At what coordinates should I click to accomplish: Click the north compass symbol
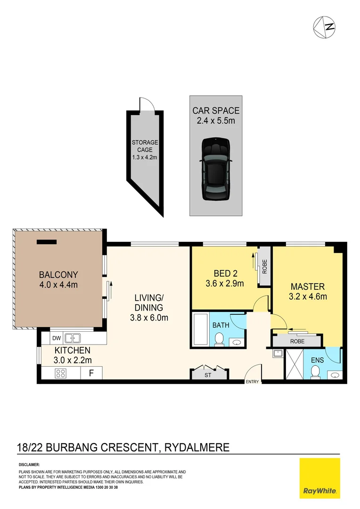pyautogui.click(x=324, y=27)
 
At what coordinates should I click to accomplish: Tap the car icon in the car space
pyautogui.click(x=216, y=169)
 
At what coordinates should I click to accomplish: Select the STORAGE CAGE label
pyautogui.click(x=145, y=146)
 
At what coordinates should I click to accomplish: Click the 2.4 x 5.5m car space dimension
pyautogui.click(x=216, y=121)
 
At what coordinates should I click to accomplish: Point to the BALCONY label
pyautogui.click(x=58, y=275)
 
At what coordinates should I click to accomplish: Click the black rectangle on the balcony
pyautogui.click(x=47, y=242)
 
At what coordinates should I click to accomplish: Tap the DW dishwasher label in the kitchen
pyautogui.click(x=57, y=338)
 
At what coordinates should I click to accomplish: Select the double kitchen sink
pyautogui.click(x=73, y=338)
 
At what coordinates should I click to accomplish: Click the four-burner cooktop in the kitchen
pyautogui.click(x=61, y=373)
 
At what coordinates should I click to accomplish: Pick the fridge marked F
pyautogui.click(x=91, y=373)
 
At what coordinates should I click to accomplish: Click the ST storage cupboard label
pyautogui.click(x=208, y=375)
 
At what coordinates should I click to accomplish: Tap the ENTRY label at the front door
pyautogui.click(x=252, y=382)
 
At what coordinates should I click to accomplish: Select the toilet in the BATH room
pyautogui.click(x=220, y=340)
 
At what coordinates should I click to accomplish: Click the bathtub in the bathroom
pyautogui.click(x=201, y=329)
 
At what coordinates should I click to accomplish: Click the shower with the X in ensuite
pyautogui.click(x=294, y=364)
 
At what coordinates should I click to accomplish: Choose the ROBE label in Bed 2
pyautogui.click(x=264, y=266)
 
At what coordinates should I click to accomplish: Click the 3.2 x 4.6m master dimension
pyautogui.click(x=308, y=296)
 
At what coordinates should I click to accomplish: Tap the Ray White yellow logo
pyautogui.click(x=320, y=478)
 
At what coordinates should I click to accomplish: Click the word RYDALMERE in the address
pyautogui.click(x=197, y=447)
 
